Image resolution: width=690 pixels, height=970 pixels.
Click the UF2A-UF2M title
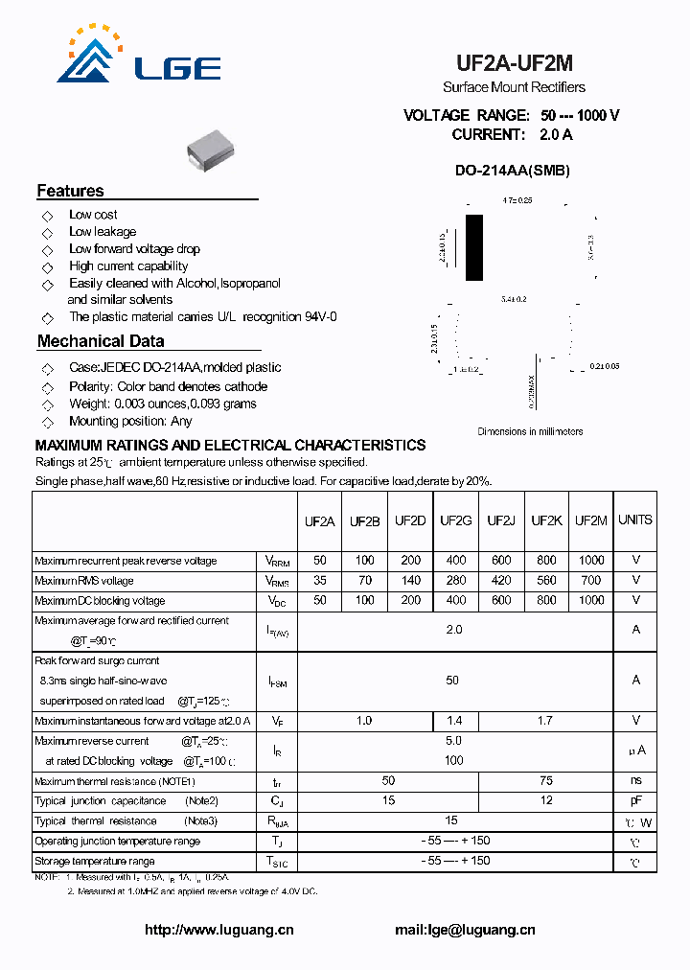(x=514, y=64)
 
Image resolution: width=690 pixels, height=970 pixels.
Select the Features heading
(x=70, y=191)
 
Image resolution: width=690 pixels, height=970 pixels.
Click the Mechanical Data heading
(x=101, y=341)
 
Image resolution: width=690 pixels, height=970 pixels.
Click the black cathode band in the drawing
(x=473, y=247)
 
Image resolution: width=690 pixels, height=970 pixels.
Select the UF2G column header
(x=456, y=520)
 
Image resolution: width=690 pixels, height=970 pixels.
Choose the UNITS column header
(x=634, y=520)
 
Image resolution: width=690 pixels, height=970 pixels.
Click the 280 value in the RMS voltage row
(x=456, y=581)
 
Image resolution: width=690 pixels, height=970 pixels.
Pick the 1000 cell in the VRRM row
(x=591, y=561)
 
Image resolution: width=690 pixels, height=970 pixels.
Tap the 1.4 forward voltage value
(x=456, y=721)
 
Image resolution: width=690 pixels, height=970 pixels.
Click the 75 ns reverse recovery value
(x=546, y=781)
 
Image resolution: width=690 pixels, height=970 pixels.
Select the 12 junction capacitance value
(x=546, y=801)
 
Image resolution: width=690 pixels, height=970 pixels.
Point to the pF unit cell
(x=635, y=801)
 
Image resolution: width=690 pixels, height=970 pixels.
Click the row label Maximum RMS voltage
(x=84, y=581)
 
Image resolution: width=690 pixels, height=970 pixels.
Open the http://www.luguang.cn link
(x=218, y=930)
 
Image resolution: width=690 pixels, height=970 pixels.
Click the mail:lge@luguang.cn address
(x=465, y=930)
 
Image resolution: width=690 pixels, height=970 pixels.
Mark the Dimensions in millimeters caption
(x=530, y=431)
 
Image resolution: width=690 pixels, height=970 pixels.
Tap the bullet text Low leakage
(x=103, y=232)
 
